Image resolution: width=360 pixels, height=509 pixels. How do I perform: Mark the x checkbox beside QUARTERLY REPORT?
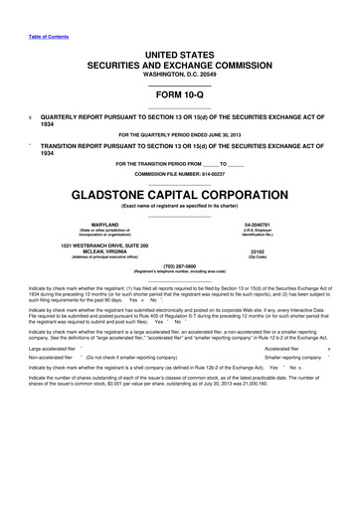click(x=31, y=114)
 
